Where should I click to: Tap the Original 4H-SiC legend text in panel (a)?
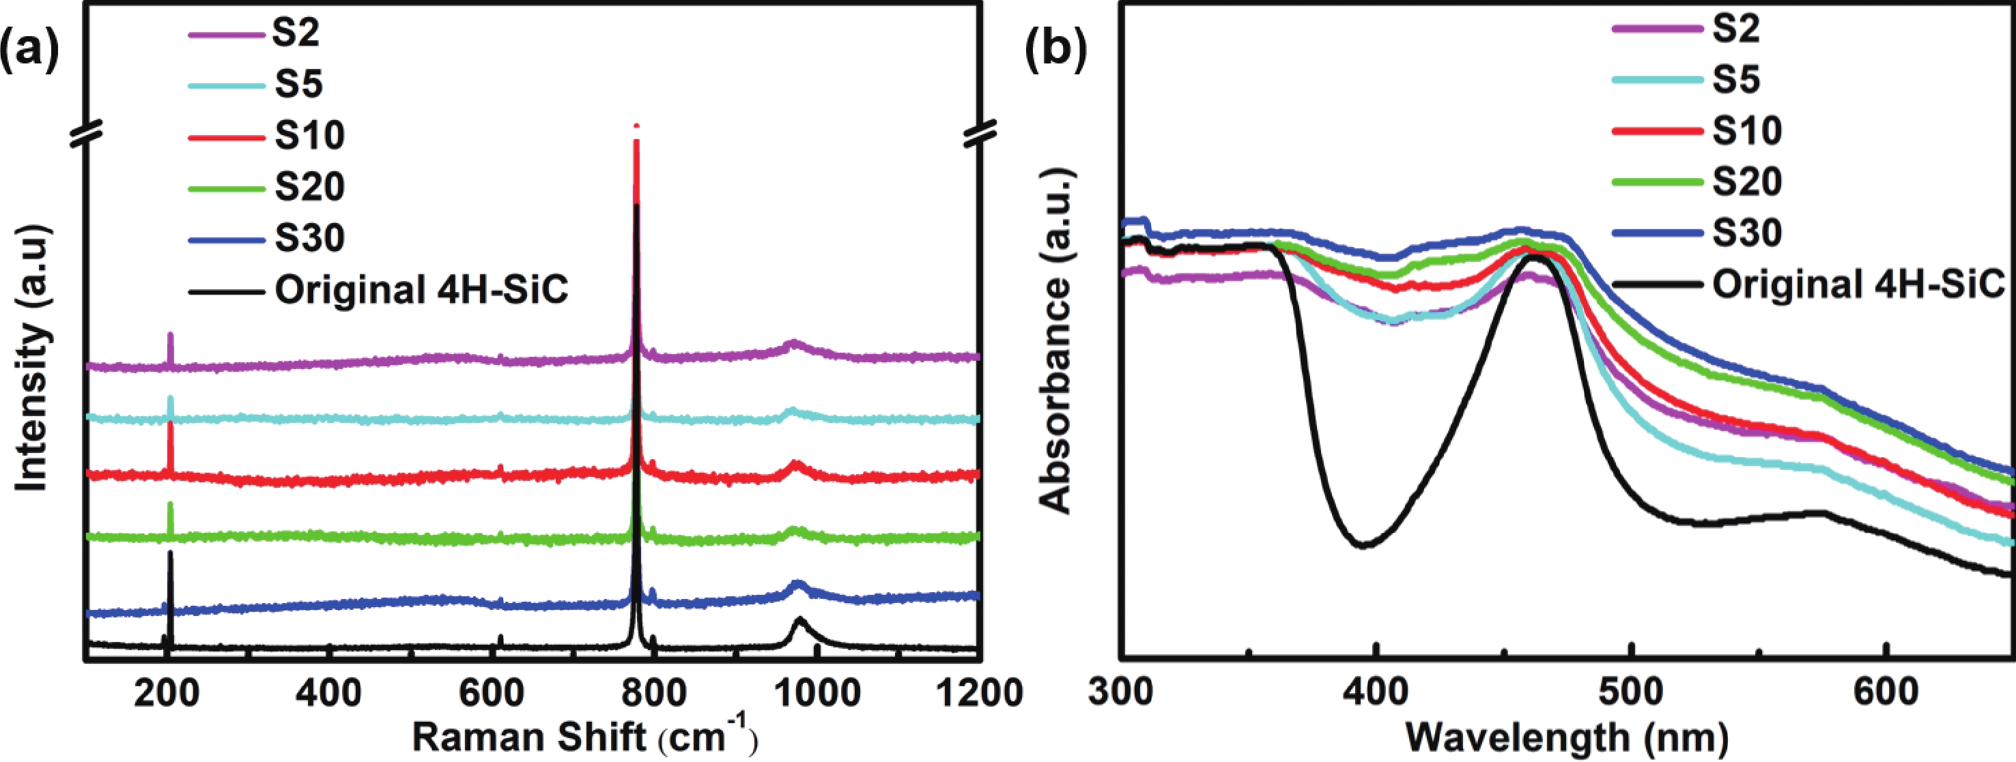tap(421, 290)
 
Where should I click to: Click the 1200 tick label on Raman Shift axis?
tap(979, 693)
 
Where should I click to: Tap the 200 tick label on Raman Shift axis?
tap(166, 693)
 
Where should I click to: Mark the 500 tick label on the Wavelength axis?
tap(1631, 693)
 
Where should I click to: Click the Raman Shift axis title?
tap(584, 737)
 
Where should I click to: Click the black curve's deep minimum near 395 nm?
tap(1364, 544)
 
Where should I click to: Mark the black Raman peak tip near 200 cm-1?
tap(170, 554)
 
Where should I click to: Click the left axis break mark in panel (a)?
tap(86, 134)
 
